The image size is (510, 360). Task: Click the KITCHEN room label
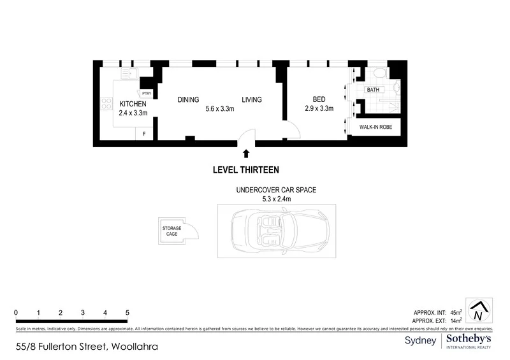pos(133,104)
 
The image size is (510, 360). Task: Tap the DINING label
pos(188,100)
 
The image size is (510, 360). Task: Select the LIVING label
pos(251,100)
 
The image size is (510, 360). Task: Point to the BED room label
pos(319,99)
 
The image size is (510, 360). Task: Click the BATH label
pos(372,90)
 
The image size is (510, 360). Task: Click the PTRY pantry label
pos(146,93)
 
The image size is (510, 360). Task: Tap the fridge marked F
pos(144,134)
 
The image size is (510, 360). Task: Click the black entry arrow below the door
pos(246,153)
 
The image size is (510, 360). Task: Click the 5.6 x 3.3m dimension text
pos(220,109)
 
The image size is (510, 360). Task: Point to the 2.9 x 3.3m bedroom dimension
pos(319,108)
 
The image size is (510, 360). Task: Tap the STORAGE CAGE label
pos(171,231)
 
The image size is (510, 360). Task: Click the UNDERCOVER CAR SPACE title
pos(276,190)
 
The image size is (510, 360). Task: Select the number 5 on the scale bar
pos(127,313)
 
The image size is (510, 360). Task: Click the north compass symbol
pos(477,312)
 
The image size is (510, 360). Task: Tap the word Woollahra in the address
pos(134,347)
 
